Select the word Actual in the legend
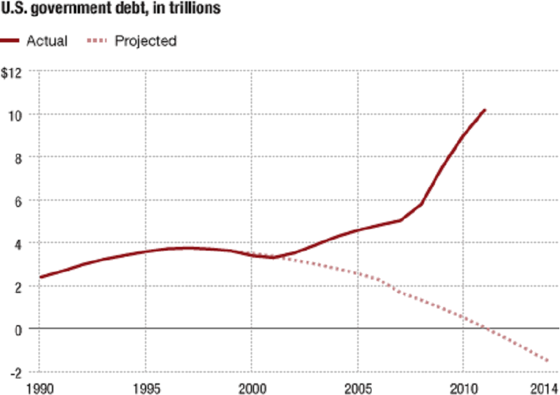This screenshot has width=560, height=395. tap(47, 41)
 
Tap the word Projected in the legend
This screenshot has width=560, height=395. tap(146, 41)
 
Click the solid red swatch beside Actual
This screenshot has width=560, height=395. tap(11, 41)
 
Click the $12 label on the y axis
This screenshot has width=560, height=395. tap(12, 72)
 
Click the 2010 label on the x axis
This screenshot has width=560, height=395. tap(463, 388)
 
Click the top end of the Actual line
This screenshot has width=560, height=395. tap(485, 110)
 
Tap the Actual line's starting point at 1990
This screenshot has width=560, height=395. tap(40, 278)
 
